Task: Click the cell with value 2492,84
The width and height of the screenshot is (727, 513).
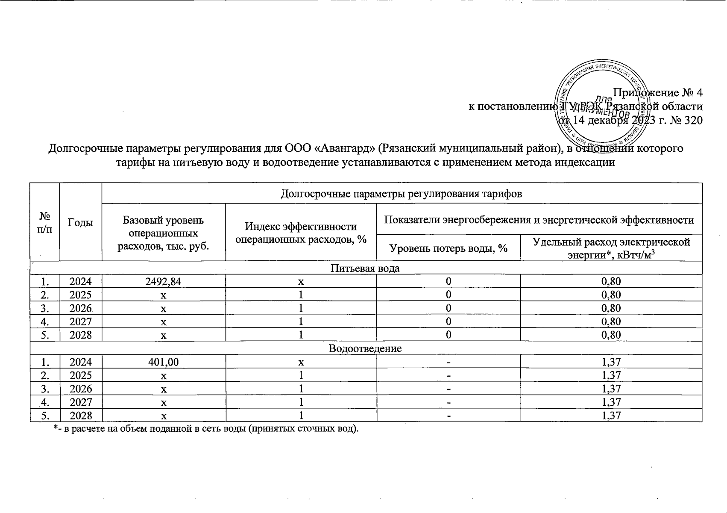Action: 164,281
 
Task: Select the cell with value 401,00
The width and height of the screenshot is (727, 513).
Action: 164,362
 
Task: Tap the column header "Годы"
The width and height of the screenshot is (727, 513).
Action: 80,222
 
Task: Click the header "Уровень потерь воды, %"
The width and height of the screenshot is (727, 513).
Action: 448,248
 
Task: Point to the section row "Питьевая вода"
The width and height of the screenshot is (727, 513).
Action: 366,268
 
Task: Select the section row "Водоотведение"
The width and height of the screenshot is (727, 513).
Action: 366,348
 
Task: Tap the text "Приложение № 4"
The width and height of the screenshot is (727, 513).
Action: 658,92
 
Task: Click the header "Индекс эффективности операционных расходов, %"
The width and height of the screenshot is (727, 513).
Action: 301,233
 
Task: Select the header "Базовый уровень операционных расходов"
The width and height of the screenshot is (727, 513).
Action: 164,233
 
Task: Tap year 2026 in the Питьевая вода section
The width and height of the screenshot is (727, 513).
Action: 80,308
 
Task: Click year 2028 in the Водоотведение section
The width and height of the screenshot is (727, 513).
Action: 80,416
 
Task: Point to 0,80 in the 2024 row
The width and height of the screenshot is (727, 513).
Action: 611,281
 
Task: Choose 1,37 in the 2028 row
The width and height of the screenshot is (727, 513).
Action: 611,416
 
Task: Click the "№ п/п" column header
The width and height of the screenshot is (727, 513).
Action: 44,222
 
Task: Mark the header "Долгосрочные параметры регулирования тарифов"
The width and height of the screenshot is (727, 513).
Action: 402,194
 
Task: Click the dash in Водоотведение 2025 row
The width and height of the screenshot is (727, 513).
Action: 448,376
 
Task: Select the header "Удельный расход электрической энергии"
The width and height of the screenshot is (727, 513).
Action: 611,248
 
